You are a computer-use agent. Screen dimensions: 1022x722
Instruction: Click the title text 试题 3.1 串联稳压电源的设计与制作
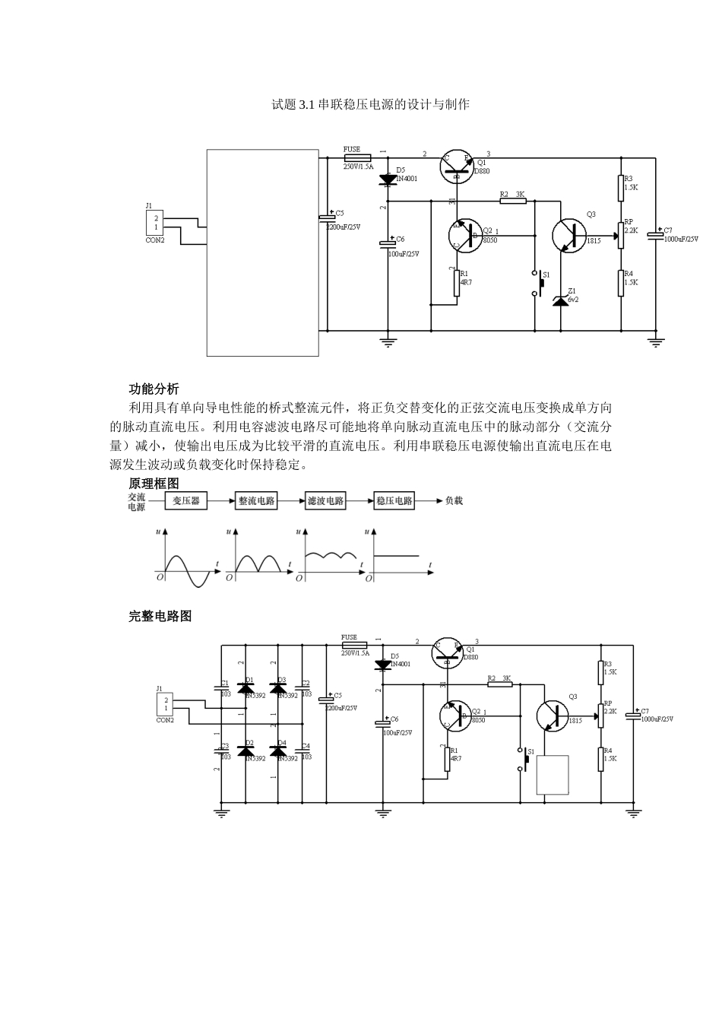(x=370, y=104)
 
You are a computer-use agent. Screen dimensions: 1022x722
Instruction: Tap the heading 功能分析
(x=154, y=389)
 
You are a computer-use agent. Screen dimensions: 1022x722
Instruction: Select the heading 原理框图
(x=154, y=484)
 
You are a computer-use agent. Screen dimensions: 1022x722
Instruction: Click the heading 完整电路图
(x=160, y=616)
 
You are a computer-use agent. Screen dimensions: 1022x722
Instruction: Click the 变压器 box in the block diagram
(x=186, y=501)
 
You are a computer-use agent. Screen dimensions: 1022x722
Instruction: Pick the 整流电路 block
(x=257, y=501)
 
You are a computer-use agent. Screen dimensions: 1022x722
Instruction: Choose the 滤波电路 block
(x=325, y=501)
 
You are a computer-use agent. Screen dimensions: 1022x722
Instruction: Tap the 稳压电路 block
(x=394, y=501)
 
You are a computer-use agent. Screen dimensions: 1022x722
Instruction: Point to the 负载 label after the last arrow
(x=454, y=501)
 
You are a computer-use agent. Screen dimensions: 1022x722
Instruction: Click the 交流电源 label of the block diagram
(x=137, y=502)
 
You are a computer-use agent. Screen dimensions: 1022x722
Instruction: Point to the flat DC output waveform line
(x=396, y=556)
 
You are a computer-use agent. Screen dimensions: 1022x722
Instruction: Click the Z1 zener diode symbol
(x=560, y=301)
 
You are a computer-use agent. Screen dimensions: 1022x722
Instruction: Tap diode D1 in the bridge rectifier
(x=245, y=688)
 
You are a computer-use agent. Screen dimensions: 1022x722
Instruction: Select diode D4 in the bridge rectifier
(x=278, y=751)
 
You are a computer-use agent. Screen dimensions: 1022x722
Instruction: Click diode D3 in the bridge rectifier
(x=278, y=688)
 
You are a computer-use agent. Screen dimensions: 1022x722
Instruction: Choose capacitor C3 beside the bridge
(x=221, y=751)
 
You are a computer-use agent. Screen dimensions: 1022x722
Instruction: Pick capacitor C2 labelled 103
(x=302, y=688)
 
